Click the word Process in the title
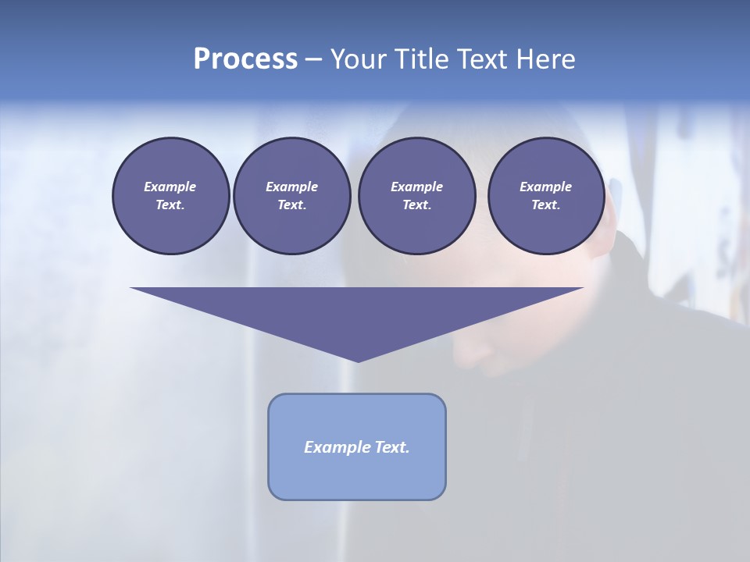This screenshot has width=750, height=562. click(245, 59)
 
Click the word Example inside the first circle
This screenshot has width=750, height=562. click(170, 187)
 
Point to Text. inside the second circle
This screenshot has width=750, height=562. click(291, 205)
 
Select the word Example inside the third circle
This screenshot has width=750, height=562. click(416, 187)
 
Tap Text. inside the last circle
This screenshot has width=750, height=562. click(545, 205)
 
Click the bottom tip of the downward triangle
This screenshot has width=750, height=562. click(358, 360)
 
